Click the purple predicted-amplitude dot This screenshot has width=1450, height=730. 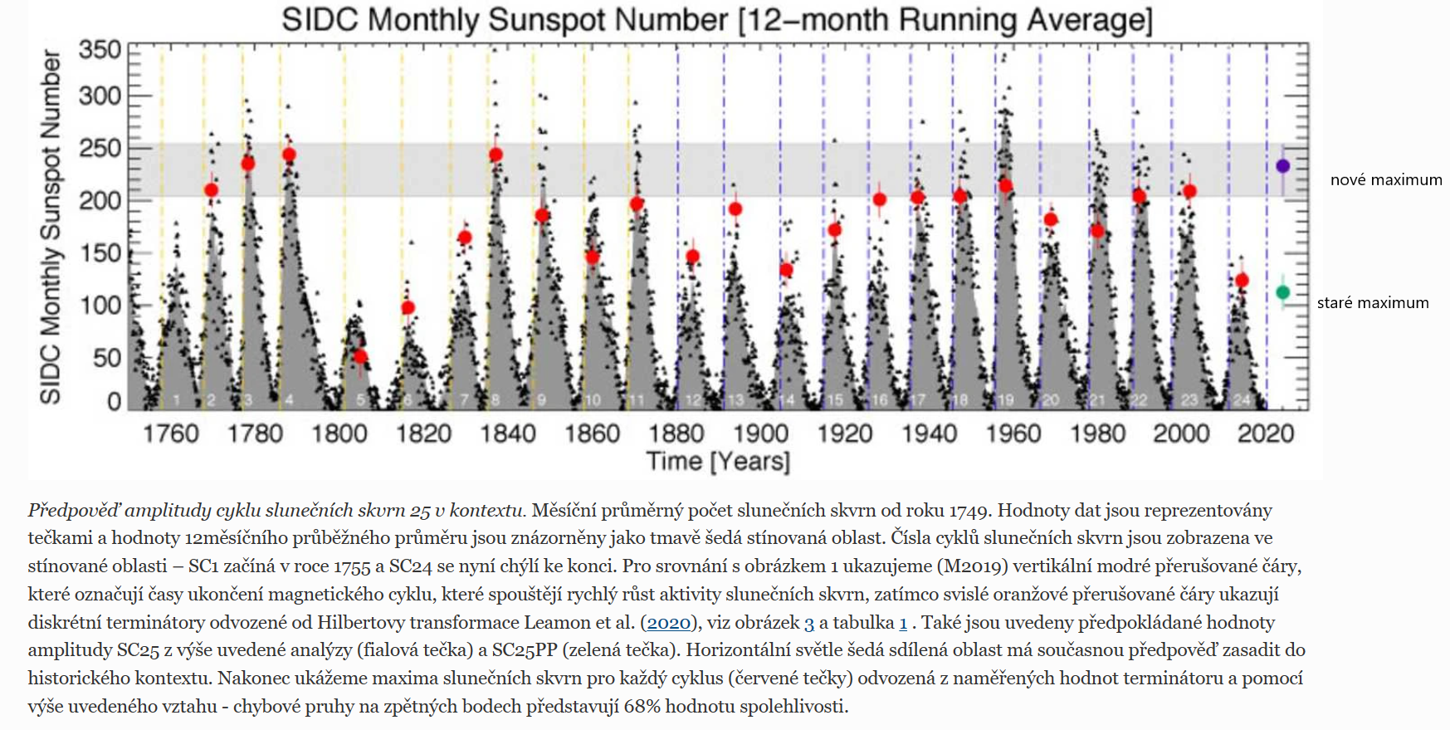[1282, 166]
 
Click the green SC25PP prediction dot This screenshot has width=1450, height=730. [1282, 292]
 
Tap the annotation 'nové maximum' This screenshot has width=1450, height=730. [1385, 180]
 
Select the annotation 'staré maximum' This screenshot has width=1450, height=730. [1372, 303]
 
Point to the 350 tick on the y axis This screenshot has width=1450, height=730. [100, 50]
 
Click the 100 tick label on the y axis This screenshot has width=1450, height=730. [100, 306]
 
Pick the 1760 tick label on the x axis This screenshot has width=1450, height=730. [171, 434]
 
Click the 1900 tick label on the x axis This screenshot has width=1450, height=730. [760, 434]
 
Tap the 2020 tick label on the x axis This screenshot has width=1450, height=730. [1266, 434]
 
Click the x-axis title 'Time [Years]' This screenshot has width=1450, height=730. [718, 461]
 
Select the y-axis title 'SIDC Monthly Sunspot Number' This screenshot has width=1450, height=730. [51, 226]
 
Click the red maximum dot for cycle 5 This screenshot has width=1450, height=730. [360, 357]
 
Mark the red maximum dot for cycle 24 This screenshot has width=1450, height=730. [1242, 281]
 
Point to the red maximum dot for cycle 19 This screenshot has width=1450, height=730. [1006, 186]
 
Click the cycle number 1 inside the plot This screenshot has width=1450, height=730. [176, 400]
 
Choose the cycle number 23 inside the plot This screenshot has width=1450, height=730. [1189, 400]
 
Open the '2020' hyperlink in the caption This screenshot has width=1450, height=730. [668, 623]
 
